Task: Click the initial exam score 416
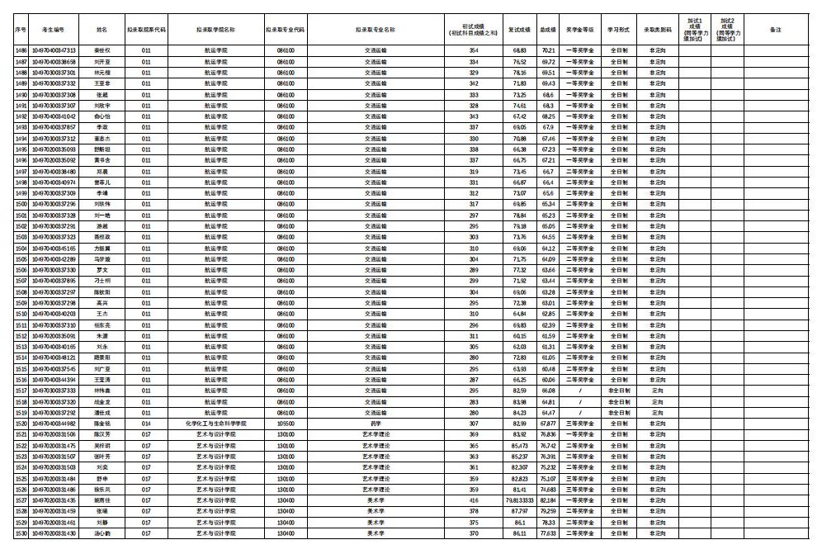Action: [x=473, y=500]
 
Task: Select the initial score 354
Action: [x=473, y=50]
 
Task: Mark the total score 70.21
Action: [x=548, y=50]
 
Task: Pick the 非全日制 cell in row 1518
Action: [x=618, y=401]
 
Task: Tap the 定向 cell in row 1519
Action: [x=658, y=412]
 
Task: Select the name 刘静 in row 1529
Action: [x=102, y=523]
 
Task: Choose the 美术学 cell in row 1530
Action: [x=376, y=533]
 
